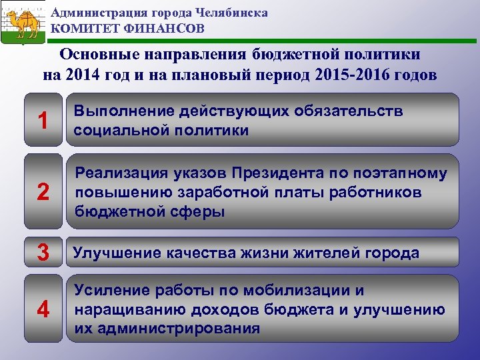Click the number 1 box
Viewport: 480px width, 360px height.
(43, 121)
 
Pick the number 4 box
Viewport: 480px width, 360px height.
(43, 309)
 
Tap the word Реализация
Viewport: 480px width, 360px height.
(118, 174)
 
